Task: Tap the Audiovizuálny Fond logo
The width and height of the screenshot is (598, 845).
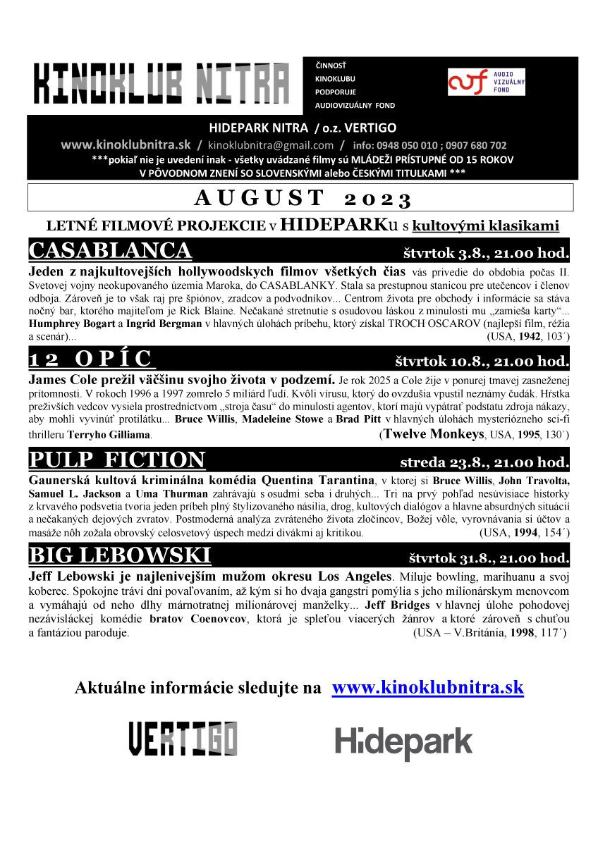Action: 487,82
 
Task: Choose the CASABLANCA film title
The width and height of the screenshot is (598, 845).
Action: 110,251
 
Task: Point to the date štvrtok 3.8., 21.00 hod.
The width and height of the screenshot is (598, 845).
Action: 486,252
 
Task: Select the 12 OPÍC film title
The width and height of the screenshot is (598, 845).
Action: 91,359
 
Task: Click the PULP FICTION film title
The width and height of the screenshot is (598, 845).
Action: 117,460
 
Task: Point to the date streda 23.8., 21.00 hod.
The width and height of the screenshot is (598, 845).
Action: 484,462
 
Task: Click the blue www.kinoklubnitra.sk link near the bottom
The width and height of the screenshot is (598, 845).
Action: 427,688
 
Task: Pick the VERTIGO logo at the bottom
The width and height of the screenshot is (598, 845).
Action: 183,739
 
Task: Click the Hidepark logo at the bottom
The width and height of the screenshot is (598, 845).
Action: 403,742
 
